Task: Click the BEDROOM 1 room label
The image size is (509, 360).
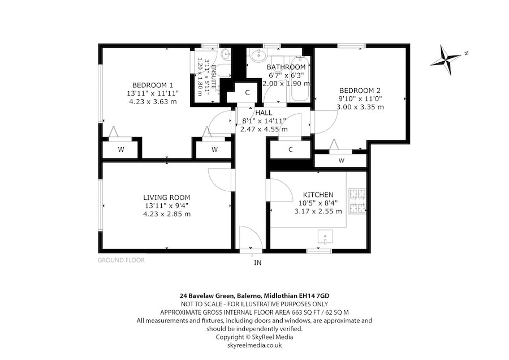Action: click(153, 85)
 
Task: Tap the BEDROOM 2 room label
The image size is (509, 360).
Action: click(360, 91)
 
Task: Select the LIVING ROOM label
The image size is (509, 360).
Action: click(167, 197)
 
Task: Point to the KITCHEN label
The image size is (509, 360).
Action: click(318, 195)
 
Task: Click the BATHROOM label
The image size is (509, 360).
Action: click(286, 67)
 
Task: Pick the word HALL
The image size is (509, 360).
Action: click(264, 113)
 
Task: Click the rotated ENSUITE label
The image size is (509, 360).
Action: click(214, 76)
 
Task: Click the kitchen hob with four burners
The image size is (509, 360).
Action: click(357, 202)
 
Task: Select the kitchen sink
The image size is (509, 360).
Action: click(325, 237)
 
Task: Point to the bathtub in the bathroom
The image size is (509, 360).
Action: click(300, 79)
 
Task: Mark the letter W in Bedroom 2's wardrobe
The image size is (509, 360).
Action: click(341, 160)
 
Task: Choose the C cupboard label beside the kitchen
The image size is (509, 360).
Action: click(291, 149)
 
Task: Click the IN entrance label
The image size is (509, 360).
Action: click(257, 263)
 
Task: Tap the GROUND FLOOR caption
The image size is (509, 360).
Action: click(121, 260)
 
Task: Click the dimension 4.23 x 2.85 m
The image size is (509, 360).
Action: click(167, 214)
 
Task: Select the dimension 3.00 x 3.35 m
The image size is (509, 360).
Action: click(360, 107)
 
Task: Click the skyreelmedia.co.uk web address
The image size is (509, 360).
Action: click(255, 345)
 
